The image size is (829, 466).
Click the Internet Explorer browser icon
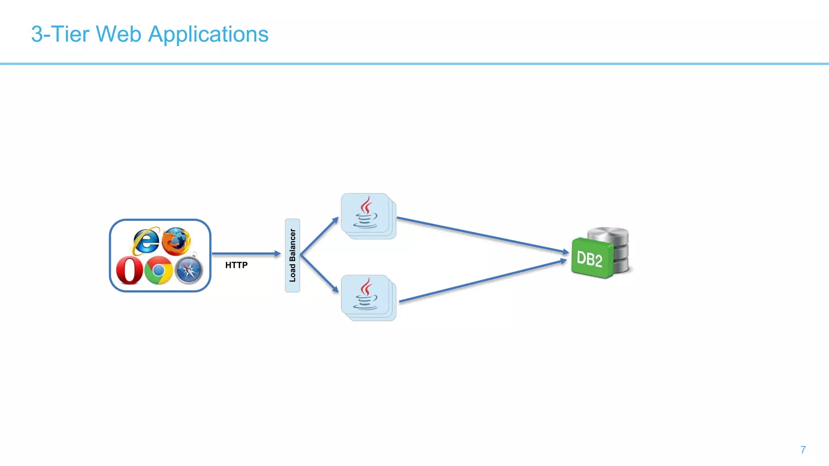[146, 241]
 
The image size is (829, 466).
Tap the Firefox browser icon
[176, 241]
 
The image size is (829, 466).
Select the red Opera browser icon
[129, 270]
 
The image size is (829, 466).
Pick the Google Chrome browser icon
[159, 270]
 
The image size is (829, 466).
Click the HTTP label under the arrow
[236, 265]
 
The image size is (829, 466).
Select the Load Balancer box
[292, 255]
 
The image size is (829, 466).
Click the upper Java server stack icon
[367, 216]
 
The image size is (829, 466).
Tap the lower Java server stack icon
[367, 297]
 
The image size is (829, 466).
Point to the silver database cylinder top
[608, 234]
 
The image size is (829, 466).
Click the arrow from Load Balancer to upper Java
[319, 236]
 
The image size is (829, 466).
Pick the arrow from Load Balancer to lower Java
[319, 274]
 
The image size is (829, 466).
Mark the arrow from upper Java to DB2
[482, 235]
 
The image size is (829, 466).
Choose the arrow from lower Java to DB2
[482, 282]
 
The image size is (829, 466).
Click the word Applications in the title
[208, 34]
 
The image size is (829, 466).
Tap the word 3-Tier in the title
[60, 34]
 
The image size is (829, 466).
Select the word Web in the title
[118, 34]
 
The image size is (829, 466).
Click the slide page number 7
[803, 450]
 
